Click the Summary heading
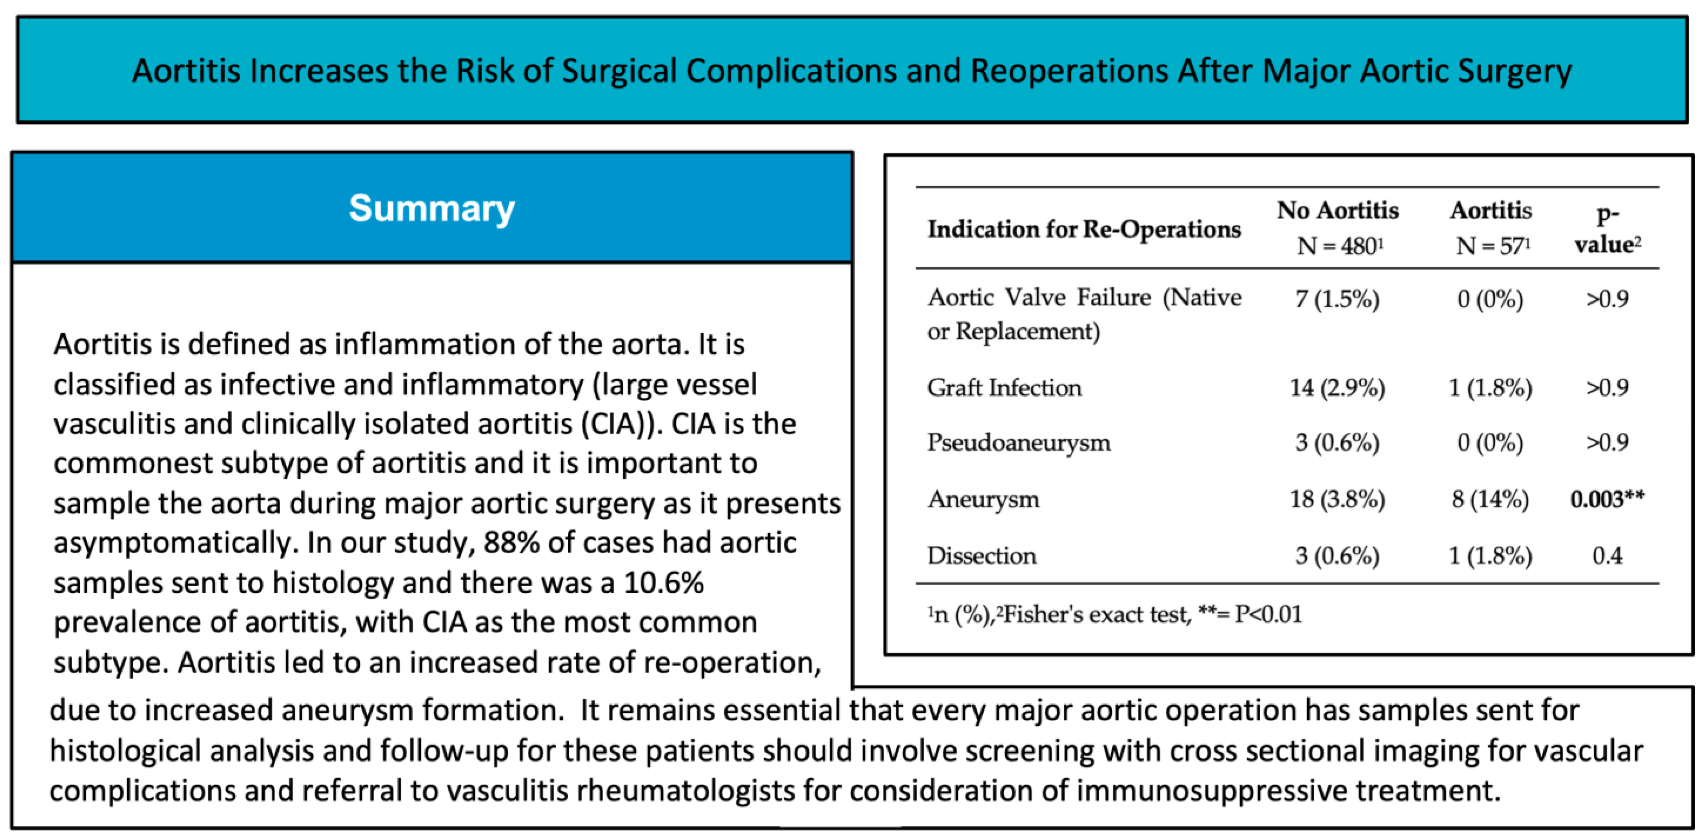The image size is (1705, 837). click(x=431, y=209)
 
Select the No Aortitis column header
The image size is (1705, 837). click(x=1338, y=227)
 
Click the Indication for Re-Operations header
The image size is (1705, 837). click(x=1084, y=229)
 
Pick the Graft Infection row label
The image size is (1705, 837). click(x=1004, y=388)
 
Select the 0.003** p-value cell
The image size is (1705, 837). click(x=1607, y=499)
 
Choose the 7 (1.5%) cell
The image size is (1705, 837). click(x=1337, y=299)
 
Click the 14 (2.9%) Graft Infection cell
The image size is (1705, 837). click(x=1337, y=388)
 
